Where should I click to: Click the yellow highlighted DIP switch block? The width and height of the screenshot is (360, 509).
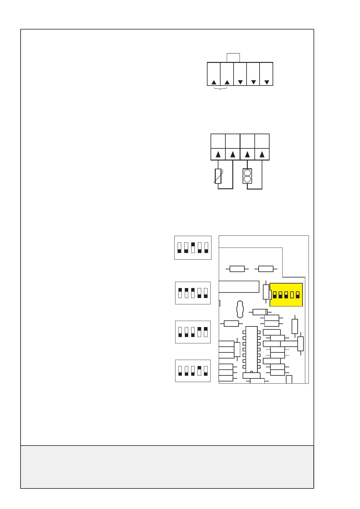286,295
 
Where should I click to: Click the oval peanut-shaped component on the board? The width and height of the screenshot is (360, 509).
240,309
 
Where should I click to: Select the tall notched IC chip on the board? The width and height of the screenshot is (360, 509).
251,349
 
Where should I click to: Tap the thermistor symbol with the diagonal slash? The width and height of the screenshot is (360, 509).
218,176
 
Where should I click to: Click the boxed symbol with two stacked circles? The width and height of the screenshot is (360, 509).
247,176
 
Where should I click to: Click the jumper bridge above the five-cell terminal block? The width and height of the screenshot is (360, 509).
233,57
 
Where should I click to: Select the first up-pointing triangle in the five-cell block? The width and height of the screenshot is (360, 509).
214,82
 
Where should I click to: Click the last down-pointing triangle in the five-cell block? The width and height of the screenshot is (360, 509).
267,82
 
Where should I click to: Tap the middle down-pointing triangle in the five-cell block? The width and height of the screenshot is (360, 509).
254,82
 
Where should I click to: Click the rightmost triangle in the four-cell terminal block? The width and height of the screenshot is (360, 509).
262,155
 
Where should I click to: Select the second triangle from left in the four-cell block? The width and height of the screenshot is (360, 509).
233,155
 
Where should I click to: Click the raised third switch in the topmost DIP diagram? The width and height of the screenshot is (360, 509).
193,248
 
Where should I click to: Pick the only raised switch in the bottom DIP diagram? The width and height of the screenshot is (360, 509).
199,371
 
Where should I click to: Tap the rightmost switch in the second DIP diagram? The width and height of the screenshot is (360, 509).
206,293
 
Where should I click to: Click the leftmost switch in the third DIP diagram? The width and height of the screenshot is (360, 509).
180,332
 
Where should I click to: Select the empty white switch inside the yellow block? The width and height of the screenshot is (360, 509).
292,295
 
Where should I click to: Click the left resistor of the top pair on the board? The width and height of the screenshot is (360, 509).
237,269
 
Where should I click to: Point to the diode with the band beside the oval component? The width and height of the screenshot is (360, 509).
260,312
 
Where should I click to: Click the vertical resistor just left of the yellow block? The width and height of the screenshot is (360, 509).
266,292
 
